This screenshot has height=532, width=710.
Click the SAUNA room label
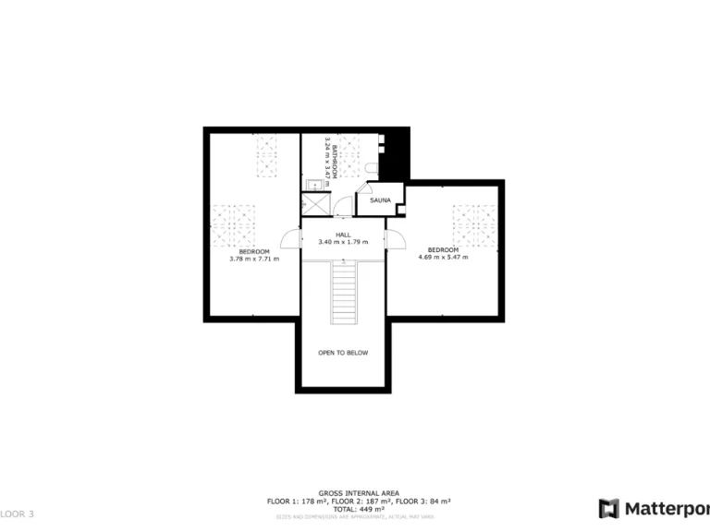(380, 200)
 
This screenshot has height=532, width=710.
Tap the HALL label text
(343, 235)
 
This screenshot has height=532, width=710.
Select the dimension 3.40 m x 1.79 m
(343, 242)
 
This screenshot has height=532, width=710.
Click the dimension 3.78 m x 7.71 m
(254, 259)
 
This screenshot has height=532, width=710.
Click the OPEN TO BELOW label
(343, 353)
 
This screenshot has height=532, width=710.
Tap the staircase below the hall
(343, 291)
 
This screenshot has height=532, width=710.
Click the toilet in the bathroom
(370, 167)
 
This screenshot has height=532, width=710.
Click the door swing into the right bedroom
(398, 238)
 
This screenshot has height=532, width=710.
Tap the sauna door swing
(400, 210)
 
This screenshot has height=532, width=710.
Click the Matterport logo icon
(608, 508)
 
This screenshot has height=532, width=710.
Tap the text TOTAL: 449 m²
(358, 508)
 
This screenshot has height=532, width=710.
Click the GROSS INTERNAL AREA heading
(358, 493)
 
